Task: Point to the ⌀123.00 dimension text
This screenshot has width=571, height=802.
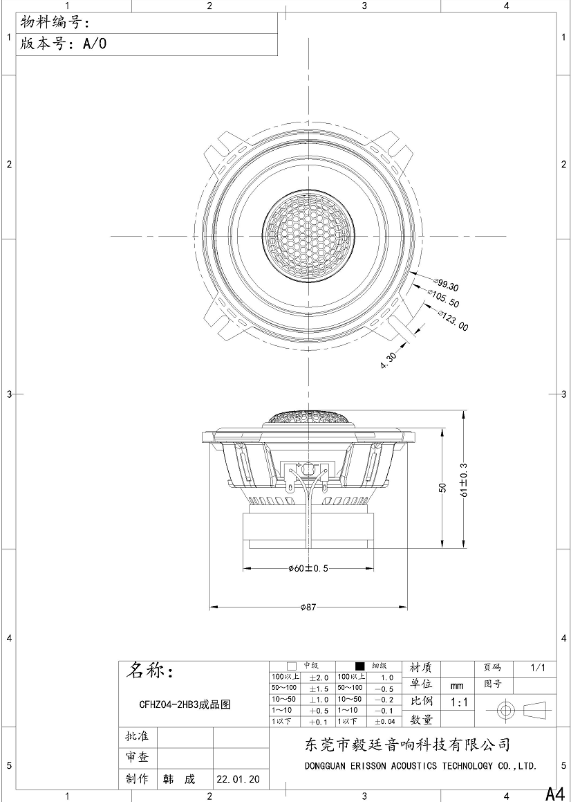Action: coord(453,320)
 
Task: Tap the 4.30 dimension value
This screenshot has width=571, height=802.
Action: coord(389,361)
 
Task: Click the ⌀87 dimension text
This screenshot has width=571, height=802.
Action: coord(308,607)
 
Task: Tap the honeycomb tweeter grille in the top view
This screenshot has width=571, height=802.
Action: coord(309,236)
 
